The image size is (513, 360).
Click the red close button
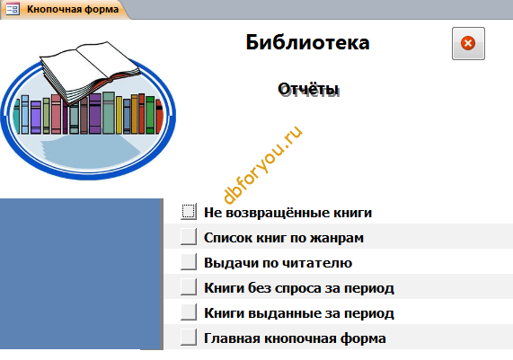468,43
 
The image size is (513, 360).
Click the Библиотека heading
307,42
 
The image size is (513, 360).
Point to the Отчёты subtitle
308,89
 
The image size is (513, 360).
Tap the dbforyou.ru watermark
262,164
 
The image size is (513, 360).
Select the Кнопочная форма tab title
73,9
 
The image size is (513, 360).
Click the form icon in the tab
13,9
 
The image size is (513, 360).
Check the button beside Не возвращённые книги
189,212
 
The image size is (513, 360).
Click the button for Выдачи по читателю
189,262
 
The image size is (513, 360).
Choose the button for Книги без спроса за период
189,287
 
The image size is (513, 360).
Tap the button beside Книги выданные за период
189,312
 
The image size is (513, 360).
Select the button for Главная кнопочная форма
189,338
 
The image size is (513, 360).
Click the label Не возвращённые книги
287,213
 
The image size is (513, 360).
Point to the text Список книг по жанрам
284,238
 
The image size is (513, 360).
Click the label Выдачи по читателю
279,263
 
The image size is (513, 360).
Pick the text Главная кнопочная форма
295,338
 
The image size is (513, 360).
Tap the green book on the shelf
150,115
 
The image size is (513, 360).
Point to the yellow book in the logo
119,115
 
